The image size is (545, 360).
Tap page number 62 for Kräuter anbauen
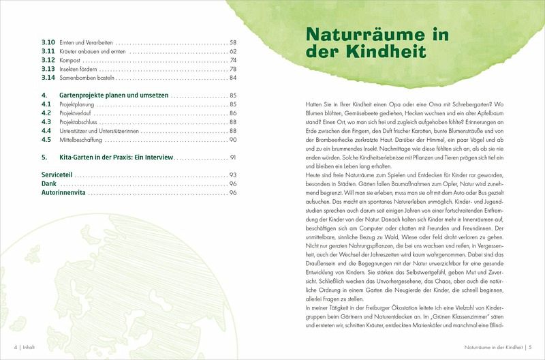click(x=232, y=51)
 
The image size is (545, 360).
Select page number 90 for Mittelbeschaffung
click(x=232, y=139)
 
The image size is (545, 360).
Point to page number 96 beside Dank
click(x=232, y=184)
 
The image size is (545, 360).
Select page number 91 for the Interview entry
click(x=232, y=157)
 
